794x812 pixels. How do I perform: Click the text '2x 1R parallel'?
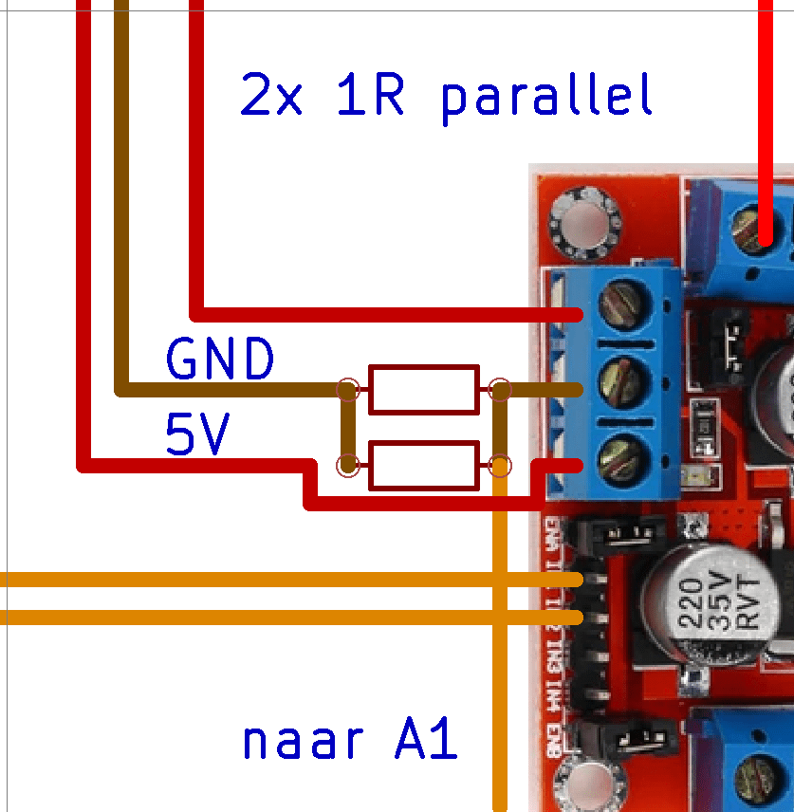(x=447, y=96)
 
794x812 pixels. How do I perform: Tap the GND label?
(x=220, y=360)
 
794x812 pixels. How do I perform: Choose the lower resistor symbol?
(x=423, y=466)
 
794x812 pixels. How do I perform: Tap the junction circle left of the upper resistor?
(x=349, y=389)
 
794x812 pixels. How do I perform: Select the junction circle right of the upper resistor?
(x=500, y=389)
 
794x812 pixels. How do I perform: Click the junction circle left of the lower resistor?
(x=349, y=466)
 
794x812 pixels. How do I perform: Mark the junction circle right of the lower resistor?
(x=500, y=466)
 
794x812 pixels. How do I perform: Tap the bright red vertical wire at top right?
(x=766, y=114)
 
